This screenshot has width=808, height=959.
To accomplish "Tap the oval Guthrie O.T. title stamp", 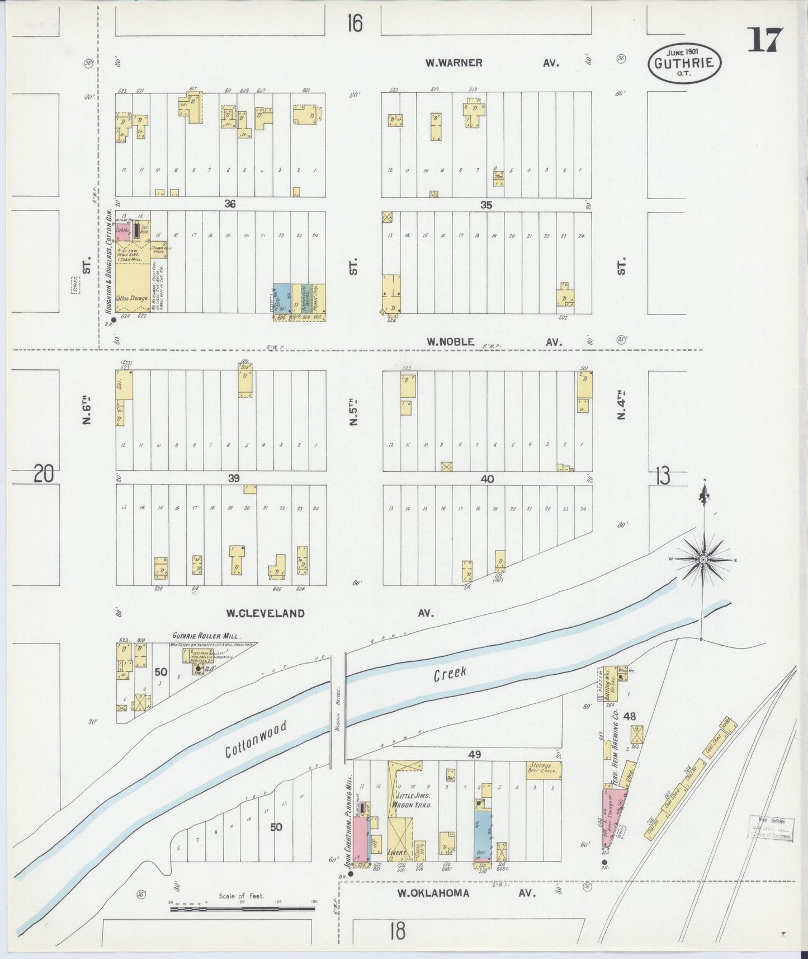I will (x=684, y=63).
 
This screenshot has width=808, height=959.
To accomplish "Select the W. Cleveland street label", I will (x=265, y=613).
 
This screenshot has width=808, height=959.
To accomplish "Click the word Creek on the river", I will (x=450, y=674).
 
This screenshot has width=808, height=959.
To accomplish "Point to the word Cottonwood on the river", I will (x=256, y=739).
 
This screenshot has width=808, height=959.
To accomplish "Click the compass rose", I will (x=703, y=559).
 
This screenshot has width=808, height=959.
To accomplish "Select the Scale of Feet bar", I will (x=242, y=909).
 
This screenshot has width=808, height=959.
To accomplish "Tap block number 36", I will (x=230, y=204).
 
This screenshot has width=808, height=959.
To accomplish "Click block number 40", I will (x=487, y=479).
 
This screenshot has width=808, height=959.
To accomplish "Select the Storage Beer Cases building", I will (x=544, y=770).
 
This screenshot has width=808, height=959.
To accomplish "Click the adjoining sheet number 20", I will (x=44, y=474).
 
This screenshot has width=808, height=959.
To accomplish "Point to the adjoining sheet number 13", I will (x=662, y=477).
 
